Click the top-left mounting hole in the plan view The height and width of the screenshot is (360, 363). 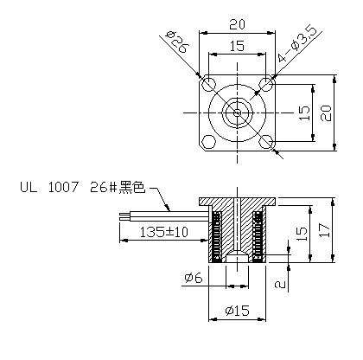pyautogui.click(x=208, y=86)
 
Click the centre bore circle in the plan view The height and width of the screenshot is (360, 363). pyautogui.click(x=236, y=112)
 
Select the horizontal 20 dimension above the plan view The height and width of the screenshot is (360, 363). pyautogui.click(x=236, y=23)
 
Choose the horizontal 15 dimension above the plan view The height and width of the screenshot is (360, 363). pyautogui.click(x=236, y=45)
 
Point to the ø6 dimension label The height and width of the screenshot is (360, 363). pyautogui.click(x=193, y=278)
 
